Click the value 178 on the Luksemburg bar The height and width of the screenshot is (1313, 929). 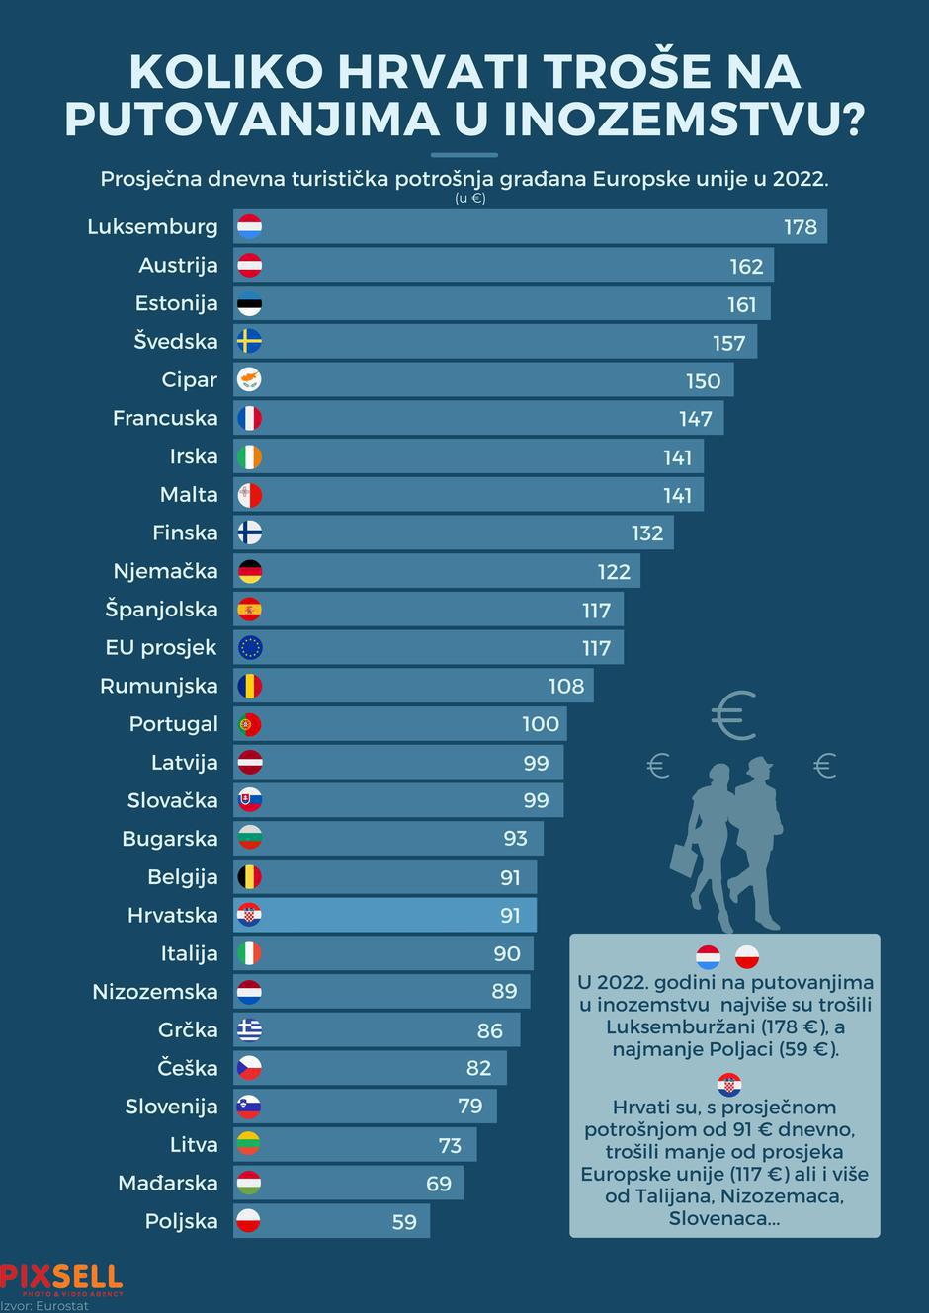(x=800, y=227)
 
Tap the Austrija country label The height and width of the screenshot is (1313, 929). (x=178, y=265)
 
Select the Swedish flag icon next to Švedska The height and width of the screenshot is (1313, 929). (x=249, y=342)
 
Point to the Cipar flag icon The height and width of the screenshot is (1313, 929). (x=249, y=380)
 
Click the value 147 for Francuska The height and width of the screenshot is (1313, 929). (x=695, y=419)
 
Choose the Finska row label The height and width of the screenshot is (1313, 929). (x=185, y=533)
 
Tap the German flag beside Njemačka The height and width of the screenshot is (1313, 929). (x=249, y=571)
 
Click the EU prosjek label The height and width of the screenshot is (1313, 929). (x=161, y=648)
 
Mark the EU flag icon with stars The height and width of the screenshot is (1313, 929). (x=249, y=648)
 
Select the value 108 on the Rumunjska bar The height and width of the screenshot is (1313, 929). (x=565, y=686)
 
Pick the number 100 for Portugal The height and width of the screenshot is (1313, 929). (x=541, y=724)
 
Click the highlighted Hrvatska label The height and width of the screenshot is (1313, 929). (x=172, y=915)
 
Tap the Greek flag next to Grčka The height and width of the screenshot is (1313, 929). (x=249, y=1030)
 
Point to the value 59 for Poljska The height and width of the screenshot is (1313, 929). (x=404, y=1222)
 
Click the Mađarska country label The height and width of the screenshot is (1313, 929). (x=168, y=1183)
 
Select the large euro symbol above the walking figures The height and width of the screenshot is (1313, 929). (x=734, y=716)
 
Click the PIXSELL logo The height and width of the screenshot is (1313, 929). (x=61, y=1278)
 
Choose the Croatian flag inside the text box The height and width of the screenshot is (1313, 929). (x=729, y=1084)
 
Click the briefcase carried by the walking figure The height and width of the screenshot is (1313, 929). (x=686, y=859)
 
